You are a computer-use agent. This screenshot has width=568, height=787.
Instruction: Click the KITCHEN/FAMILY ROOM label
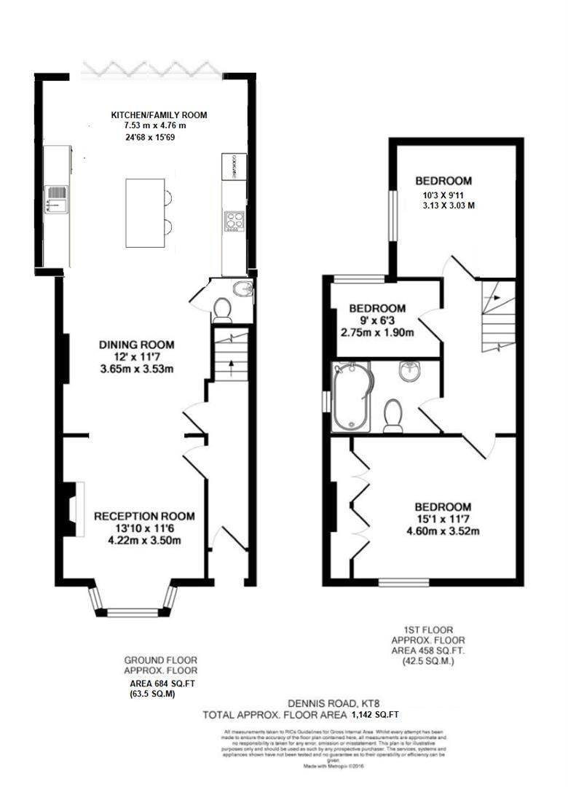[159, 115]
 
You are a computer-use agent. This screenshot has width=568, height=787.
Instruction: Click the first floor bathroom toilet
[394, 415]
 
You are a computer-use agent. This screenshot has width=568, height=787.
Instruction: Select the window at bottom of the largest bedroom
[398, 582]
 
